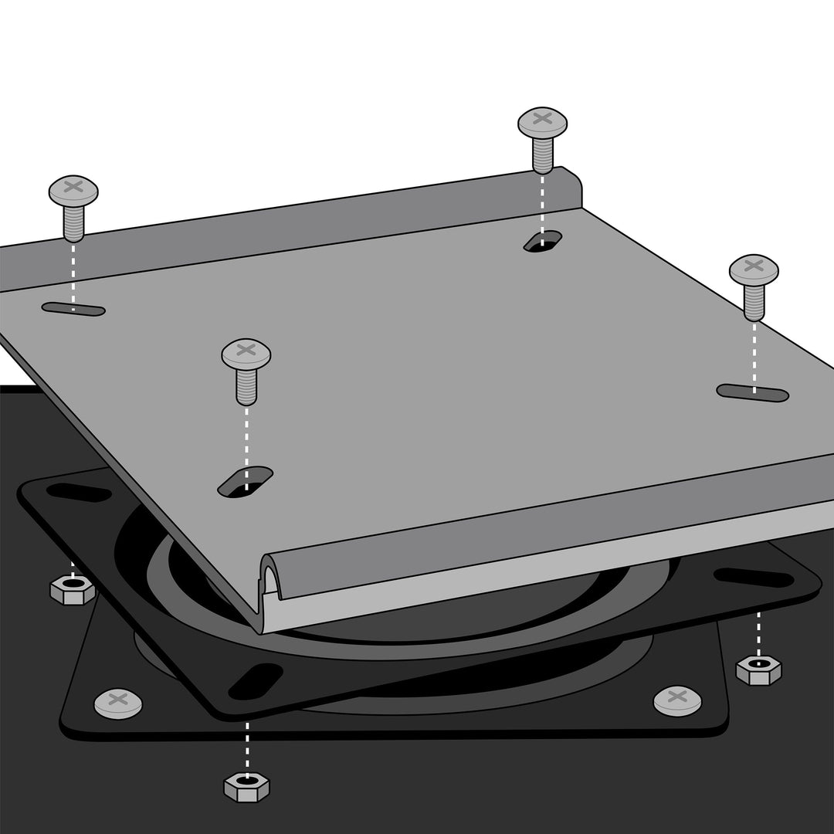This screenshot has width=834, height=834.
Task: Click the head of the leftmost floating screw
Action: pyautogui.click(x=73, y=189)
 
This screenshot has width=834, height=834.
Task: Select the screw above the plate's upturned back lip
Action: pyautogui.click(x=542, y=121)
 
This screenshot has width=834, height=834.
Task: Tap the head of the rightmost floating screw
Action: pyautogui.click(x=754, y=269)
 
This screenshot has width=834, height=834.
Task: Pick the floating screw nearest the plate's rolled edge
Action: pyautogui.click(x=246, y=354)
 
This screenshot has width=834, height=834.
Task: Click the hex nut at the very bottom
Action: pyautogui.click(x=246, y=786)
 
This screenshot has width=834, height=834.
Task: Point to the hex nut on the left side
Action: pyautogui.click(x=73, y=591)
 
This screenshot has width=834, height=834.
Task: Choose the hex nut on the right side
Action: pyautogui.click(x=758, y=669)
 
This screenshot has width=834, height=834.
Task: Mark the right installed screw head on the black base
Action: pyautogui.click(x=677, y=700)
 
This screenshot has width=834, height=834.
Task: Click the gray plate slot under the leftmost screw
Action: pyautogui.click(x=73, y=310)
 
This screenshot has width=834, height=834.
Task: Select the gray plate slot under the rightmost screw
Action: pyautogui.click(x=753, y=393)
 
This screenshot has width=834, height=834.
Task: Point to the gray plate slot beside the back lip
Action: pyautogui.click(x=543, y=241)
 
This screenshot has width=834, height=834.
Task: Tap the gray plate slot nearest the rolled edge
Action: pyautogui.click(x=246, y=482)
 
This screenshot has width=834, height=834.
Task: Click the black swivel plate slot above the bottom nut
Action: pyautogui.click(x=256, y=681)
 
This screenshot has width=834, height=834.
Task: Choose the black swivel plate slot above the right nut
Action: pyautogui.click(x=753, y=577)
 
